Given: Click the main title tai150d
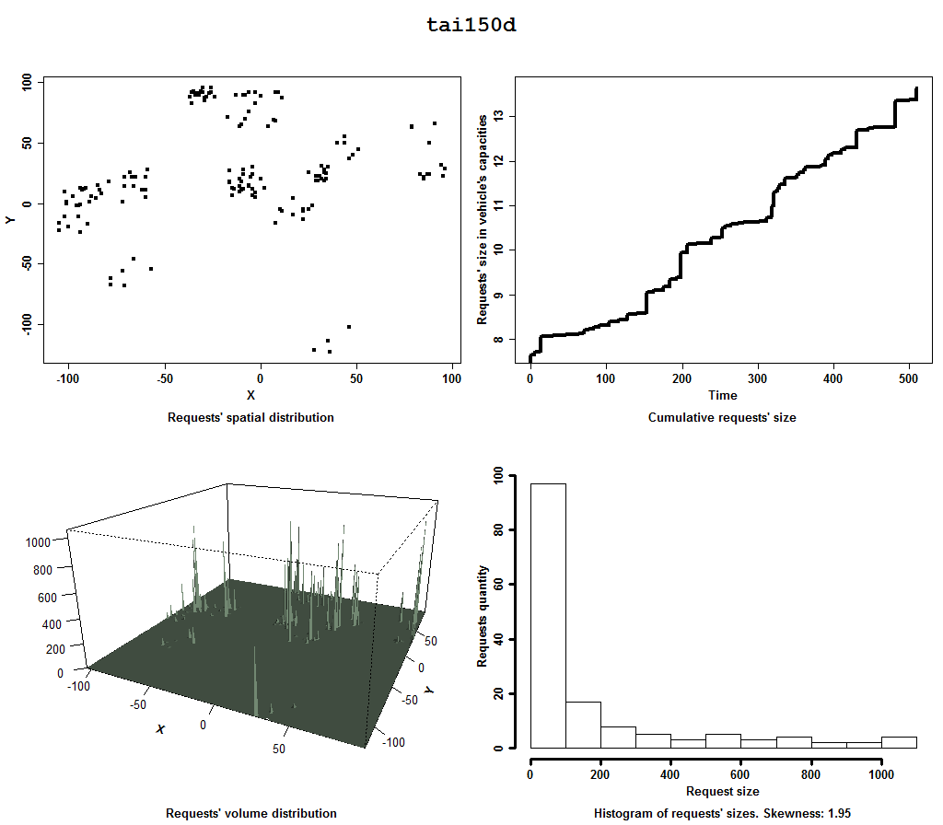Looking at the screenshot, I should [x=471, y=26].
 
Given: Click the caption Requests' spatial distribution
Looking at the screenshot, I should [x=250, y=417].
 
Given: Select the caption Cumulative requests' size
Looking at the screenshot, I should [x=722, y=417].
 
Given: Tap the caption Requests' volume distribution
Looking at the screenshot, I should [x=250, y=813].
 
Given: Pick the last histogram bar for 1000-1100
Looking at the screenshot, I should [x=899, y=742].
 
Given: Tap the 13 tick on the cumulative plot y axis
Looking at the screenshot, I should [x=499, y=116].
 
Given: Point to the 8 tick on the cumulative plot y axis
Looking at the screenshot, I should [x=499, y=340].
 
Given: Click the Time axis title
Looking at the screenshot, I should [x=722, y=396].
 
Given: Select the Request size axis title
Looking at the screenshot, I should [x=723, y=791].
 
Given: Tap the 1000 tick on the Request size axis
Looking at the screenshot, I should [x=881, y=774].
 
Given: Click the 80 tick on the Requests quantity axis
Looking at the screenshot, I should [x=498, y=530].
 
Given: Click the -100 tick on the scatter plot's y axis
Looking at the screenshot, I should [x=27, y=324].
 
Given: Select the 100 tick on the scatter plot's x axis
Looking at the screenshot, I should [x=452, y=378].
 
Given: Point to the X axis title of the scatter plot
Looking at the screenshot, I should [x=250, y=396].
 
